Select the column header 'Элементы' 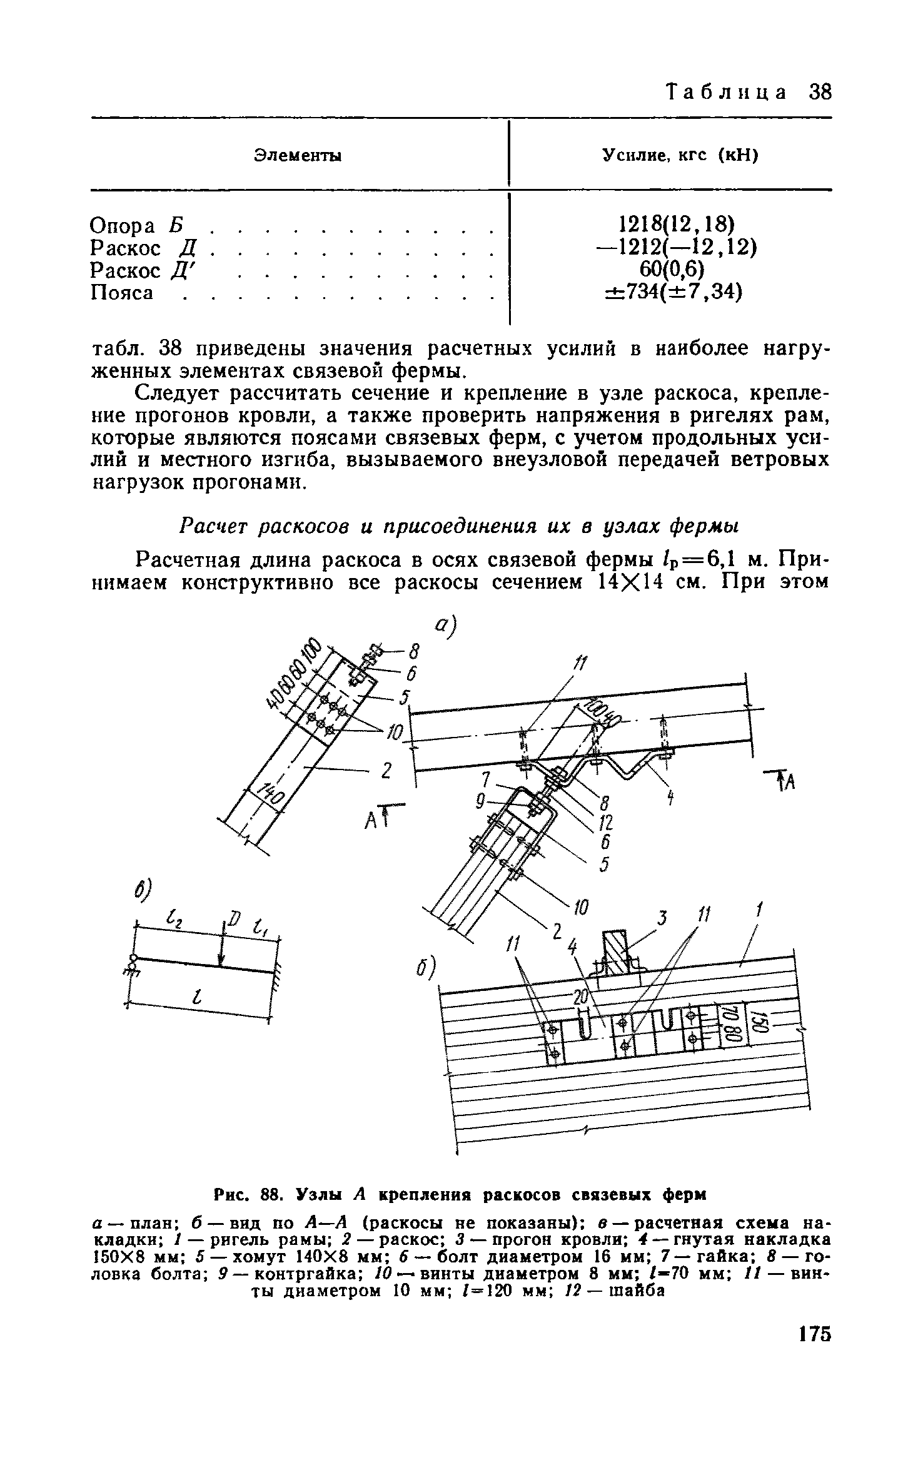tap(298, 156)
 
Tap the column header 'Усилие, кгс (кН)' tap(679, 156)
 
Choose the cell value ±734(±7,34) tap(673, 292)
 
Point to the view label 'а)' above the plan tap(446, 626)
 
